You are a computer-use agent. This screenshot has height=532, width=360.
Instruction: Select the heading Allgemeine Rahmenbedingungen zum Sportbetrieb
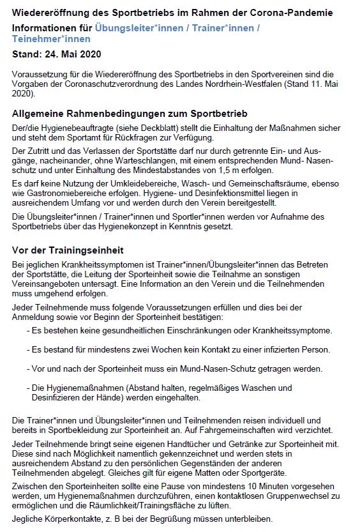tap(130, 113)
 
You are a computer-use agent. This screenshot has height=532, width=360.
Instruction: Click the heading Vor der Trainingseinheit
tap(68, 249)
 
